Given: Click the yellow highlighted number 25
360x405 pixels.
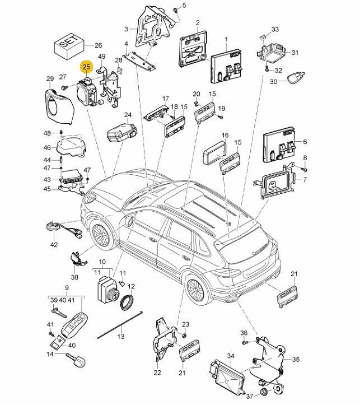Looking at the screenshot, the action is (x=86, y=67).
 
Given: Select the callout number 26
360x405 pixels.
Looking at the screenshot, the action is (x=99, y=45).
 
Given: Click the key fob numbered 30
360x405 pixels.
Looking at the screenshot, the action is (x=297, y=77).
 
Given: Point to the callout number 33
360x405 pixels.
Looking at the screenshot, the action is (x=275, y=29).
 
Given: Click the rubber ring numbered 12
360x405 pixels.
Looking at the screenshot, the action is (x=127, y=302).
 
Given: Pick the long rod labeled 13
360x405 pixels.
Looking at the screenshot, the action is (x=120, y=325).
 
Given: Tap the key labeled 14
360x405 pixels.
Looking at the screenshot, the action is (x=76, y=359).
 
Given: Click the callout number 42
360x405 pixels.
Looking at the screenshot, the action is (x=54, y=244).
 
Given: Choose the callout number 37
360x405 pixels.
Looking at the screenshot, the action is (x=250, y=395).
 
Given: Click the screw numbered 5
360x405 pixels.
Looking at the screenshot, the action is (x=176, y=10).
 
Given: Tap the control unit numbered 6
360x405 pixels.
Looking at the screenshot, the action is (x=279, y=145).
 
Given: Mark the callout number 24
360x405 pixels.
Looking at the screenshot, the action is (x=128, y=115).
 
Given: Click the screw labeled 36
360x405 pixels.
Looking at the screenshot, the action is (x=245, y=342).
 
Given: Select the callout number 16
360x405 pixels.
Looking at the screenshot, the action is (x=225, y=135).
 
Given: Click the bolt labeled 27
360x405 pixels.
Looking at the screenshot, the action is (x=63, y=87).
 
